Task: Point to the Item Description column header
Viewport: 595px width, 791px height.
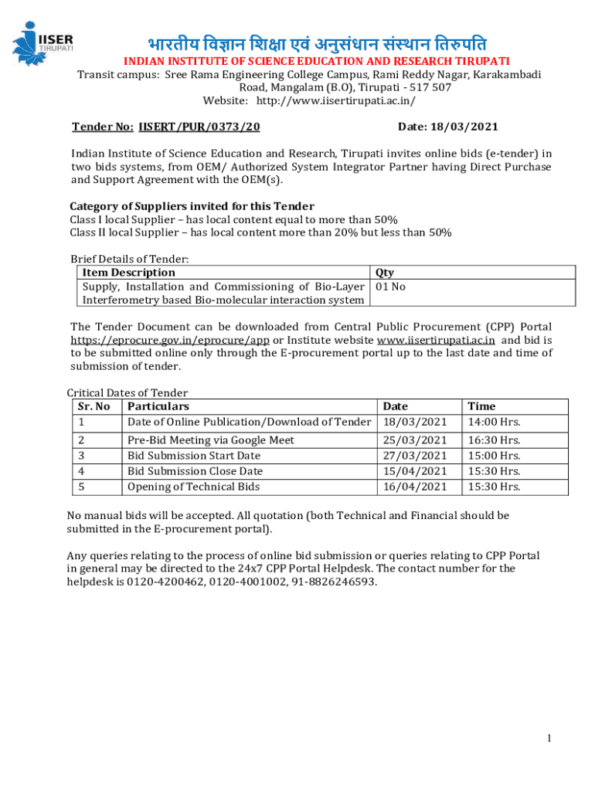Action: (x=128, y=272)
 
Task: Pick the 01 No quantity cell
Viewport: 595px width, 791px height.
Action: (x=390, y=287)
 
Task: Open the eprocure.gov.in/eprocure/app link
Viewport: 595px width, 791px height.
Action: (x=170, y=340)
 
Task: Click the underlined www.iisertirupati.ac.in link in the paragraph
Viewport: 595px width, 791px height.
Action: (x=436, y=340)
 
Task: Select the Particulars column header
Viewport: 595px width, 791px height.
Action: (x=158, y=406)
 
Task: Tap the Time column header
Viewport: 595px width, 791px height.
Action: (x=481, y=406)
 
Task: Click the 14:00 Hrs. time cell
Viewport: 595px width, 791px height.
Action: (x=494, y=422)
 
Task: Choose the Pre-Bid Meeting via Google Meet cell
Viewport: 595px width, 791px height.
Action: (x=210, y=440)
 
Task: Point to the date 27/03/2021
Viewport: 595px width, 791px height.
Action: (x=415, y=456)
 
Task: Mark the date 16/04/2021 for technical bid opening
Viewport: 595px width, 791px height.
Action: (x=415, y=487)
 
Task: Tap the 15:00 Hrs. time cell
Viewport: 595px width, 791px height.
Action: (x=494, y=456)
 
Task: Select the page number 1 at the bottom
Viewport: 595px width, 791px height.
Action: (x=549, y=738)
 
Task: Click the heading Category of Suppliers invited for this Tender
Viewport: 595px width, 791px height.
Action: (x=192, y=206)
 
